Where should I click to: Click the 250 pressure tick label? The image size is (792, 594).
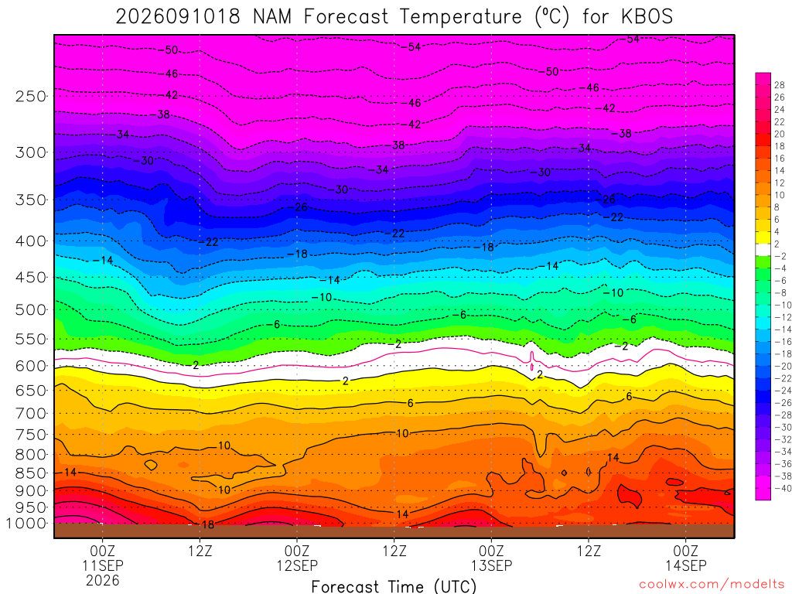(x=31, y=96)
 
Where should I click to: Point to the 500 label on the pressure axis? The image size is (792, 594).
(x=31, y=309)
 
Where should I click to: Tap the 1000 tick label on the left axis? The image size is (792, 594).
(x=26, y=524)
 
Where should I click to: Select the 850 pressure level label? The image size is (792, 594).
(x=31, y=473)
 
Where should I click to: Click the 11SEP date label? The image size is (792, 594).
(x=103, y=565)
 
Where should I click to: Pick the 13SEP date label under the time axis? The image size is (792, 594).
(x=491, y=565)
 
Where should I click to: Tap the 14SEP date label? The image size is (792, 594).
(x=686, y=565)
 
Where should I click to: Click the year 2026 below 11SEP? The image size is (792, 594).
(x=103, y=580)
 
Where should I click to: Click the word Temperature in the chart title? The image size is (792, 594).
(x=461, y=17)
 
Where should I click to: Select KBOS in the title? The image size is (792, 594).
(x=647, y=17)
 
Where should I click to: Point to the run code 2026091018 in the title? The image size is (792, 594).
(x=178, y=17)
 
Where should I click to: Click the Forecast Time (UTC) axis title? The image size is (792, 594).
(x=394, y=586)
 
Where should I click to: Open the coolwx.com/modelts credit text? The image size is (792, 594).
(x=712, y=585)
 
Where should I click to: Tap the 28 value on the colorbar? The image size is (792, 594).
(x=780, y=85)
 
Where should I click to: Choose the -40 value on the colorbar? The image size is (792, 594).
(x=783, y=489)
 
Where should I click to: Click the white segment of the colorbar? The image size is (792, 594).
(x=763, y=250)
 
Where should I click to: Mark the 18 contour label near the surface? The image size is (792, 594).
(x=207, y=525)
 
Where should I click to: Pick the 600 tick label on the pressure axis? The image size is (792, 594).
(x=31, y=366)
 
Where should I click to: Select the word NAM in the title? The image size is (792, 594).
(x=272, y=17)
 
